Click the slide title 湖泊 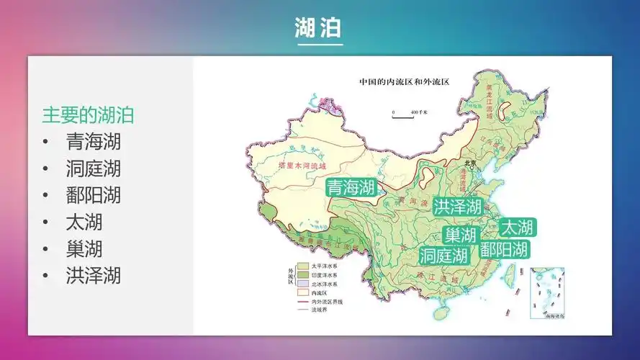coord(319,28)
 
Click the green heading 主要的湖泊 coord(88,115)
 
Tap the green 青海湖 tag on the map coord(351,189)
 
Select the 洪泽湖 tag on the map coord(458,207)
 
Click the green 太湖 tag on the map coord(517,228)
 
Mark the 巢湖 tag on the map coord(461,235)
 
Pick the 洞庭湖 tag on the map coord(443,255)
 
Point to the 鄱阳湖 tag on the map coord(505,249)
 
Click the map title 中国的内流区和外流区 coord(404,82)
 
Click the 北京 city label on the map coord(471,162)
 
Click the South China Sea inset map coord(546,293)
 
